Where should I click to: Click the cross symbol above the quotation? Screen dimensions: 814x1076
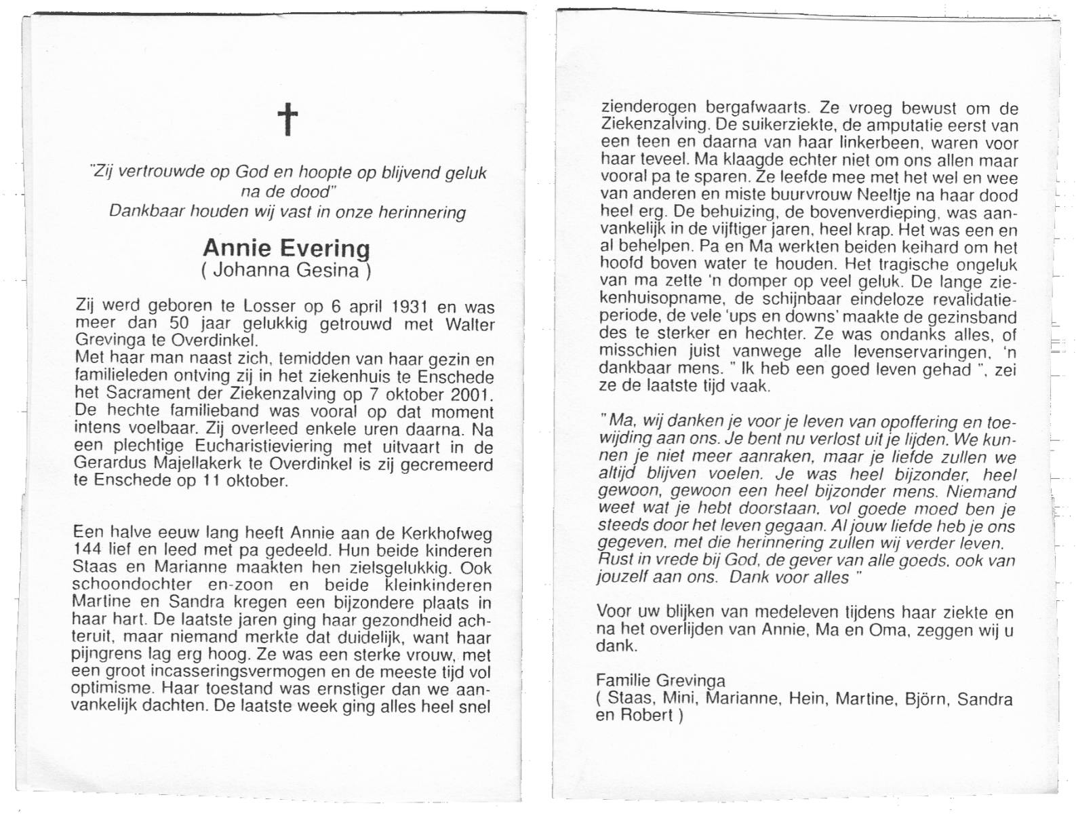click(x=288, y=119)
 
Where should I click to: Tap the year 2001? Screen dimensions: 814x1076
click(x=471, y=395)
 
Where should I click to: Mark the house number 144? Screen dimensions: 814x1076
click(x=88, y=550)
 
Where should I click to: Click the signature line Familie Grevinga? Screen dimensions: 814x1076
click(x=660, y=680)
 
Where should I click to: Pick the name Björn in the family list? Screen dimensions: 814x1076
click(x=925, y=699)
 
